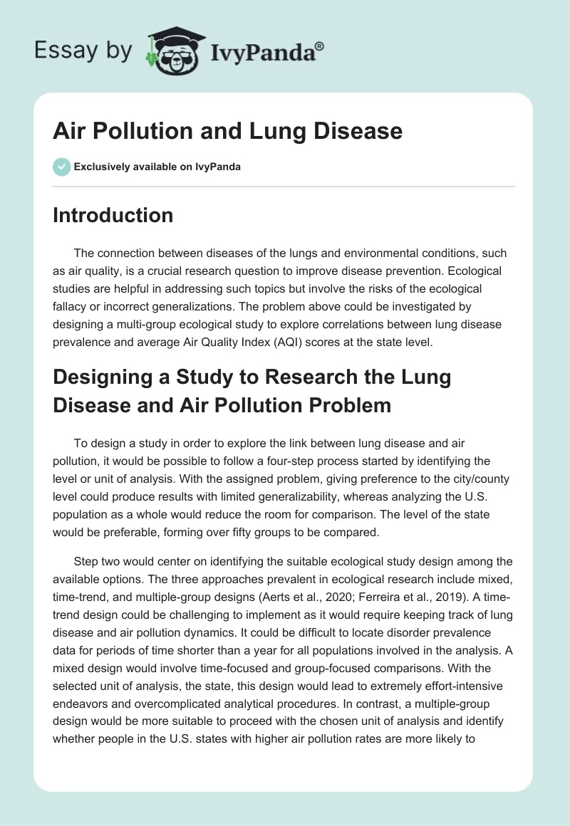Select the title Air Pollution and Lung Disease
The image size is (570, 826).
coord(227,132)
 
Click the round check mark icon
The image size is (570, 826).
coord(61,167)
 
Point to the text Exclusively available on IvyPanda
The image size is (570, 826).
coord(157,167)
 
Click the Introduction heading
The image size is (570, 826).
coord(113,215)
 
